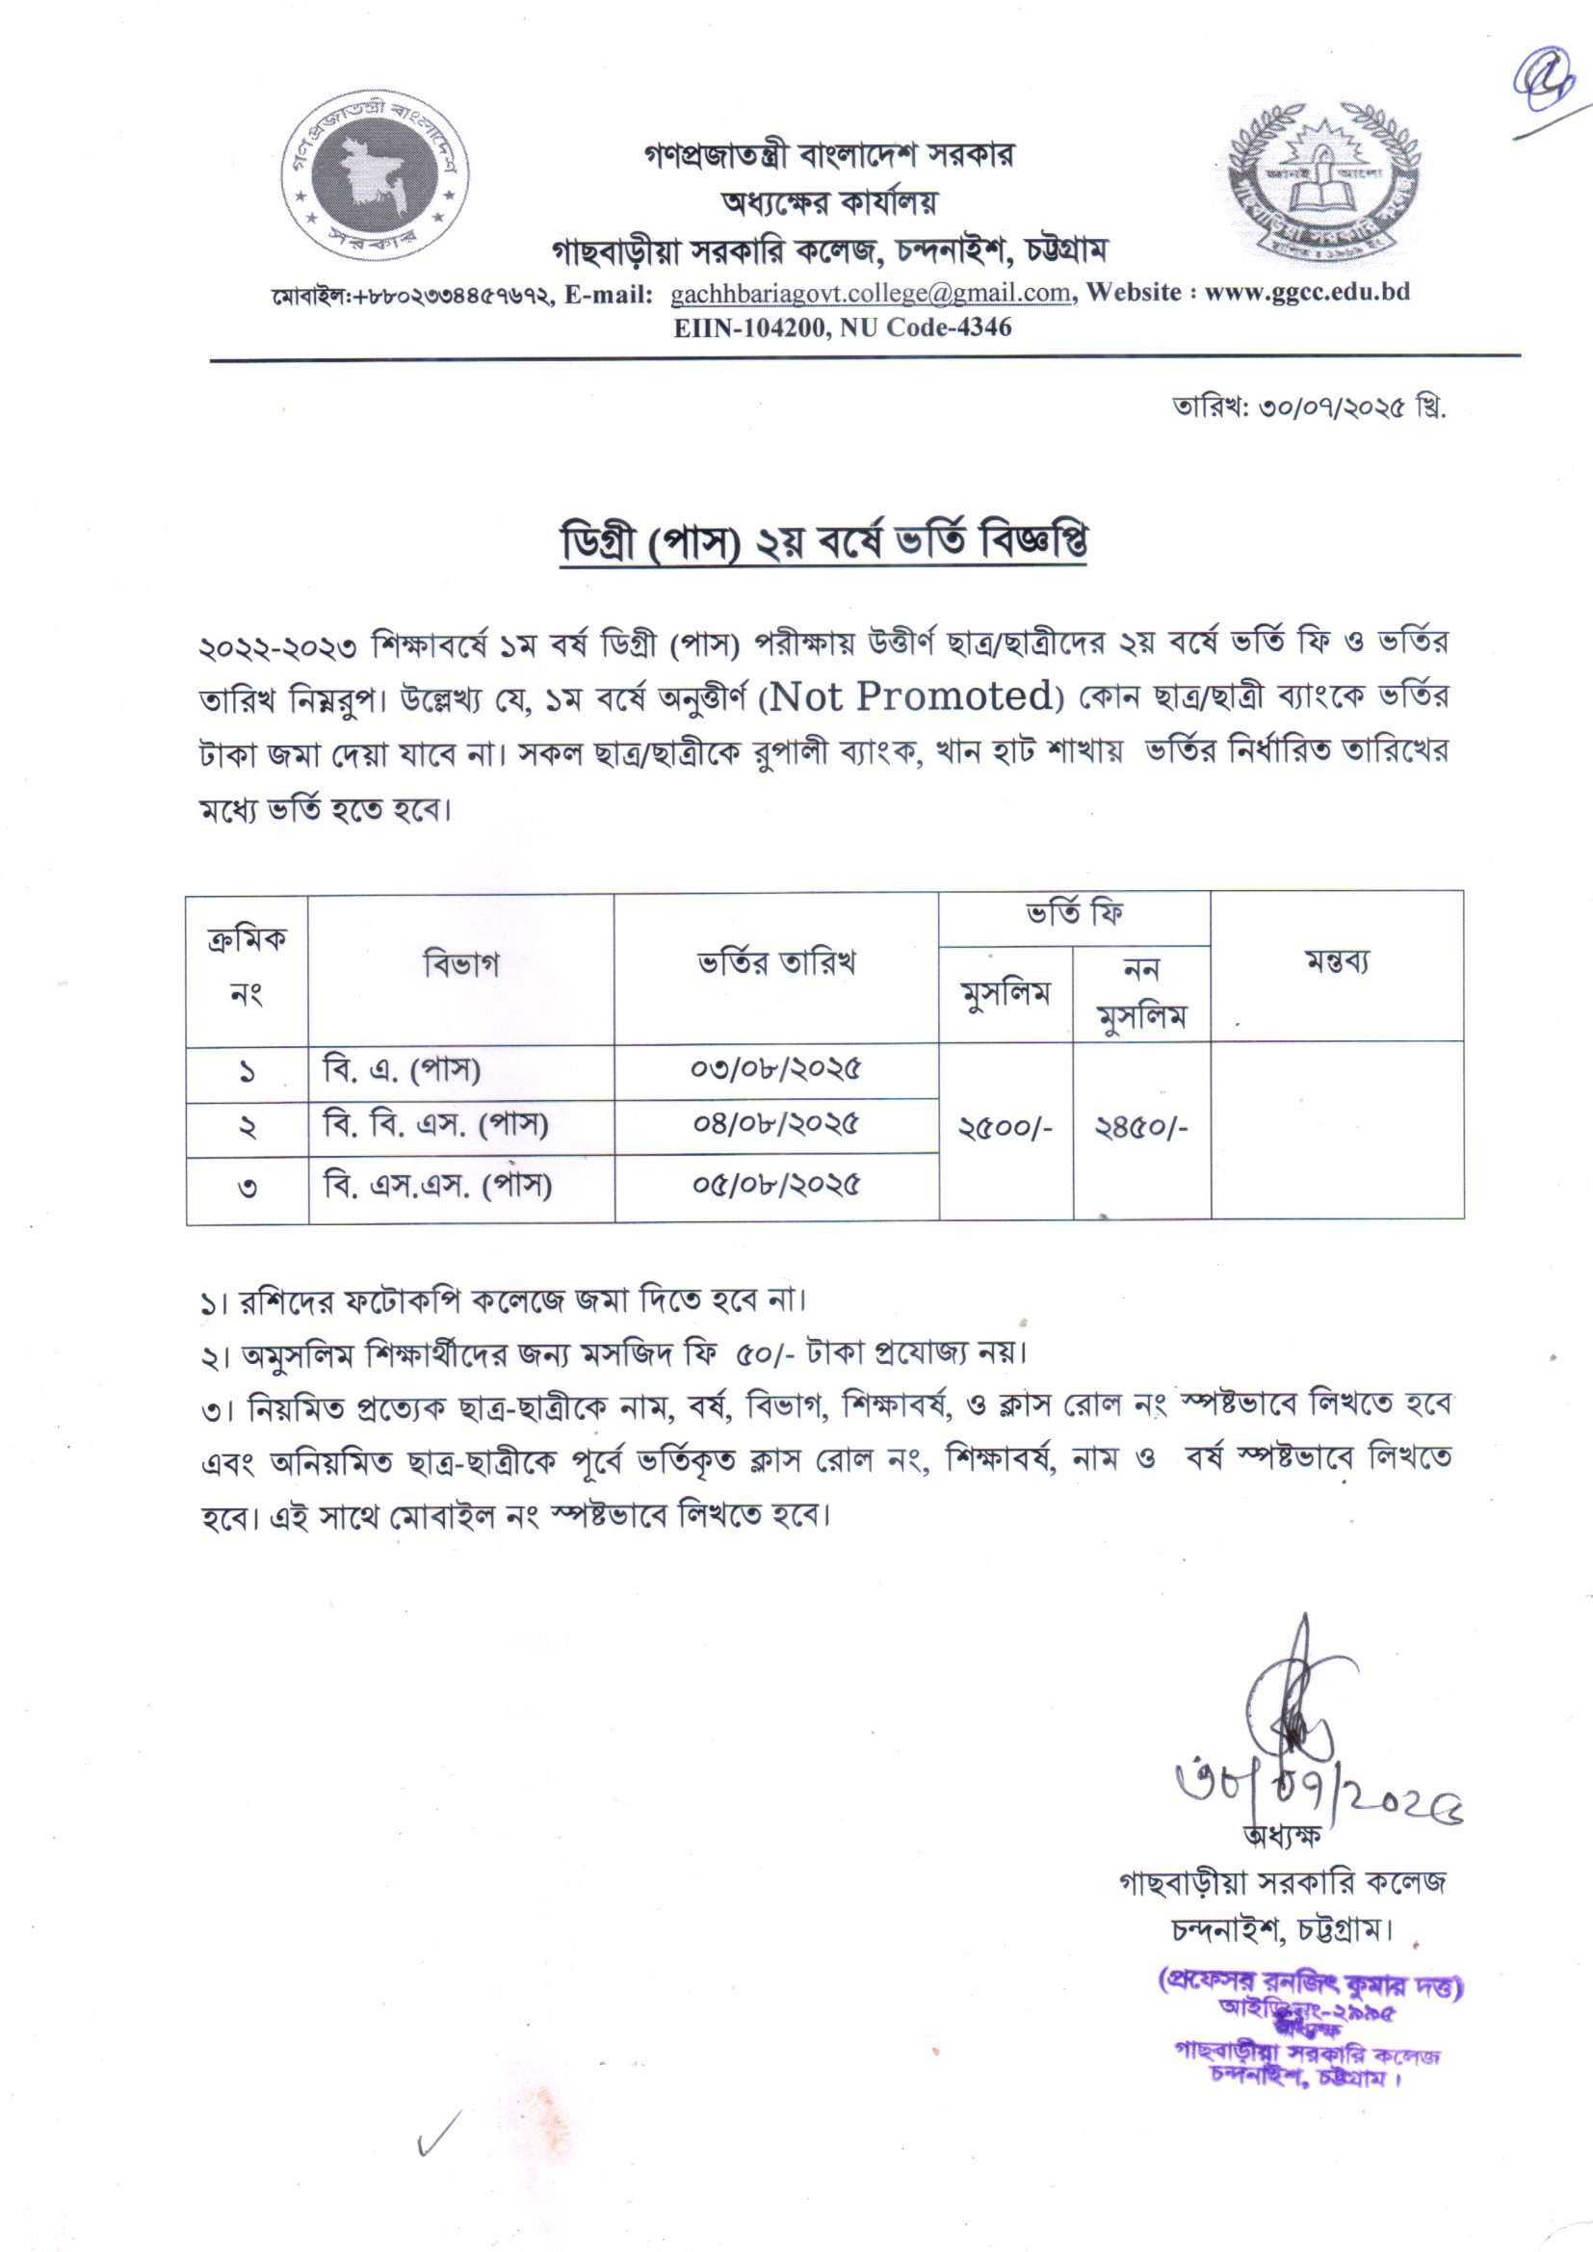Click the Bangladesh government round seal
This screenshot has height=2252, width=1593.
pos(373,183)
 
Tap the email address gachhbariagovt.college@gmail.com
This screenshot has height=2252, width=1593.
pos(870,293)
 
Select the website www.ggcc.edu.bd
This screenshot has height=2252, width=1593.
pos(1307,292)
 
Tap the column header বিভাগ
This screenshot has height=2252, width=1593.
pos(461,965)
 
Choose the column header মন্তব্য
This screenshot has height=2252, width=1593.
pos(1336,962)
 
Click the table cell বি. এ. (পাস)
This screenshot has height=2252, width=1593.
pos(403,1070)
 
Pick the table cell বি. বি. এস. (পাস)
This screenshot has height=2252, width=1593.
pos(435,1124)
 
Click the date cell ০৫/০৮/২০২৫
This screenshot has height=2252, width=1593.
pos(776,1185)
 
